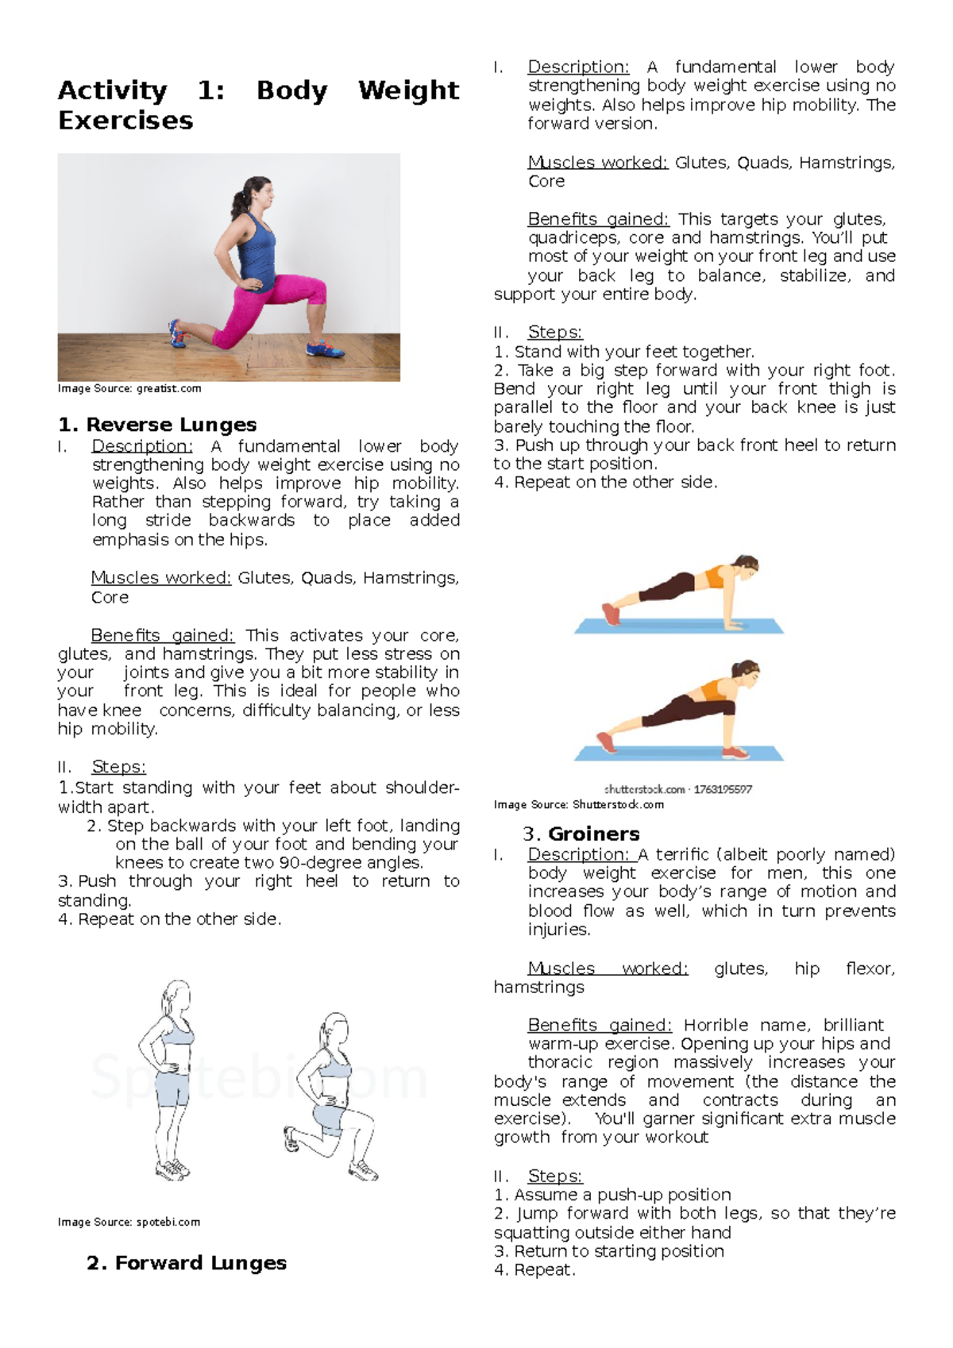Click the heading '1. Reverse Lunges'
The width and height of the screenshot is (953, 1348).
pos(157,425)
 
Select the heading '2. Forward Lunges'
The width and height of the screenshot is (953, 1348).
pos(187,1263)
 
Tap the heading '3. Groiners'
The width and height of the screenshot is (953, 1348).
pos(581,834)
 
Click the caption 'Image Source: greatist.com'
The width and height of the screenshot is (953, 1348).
pos(129,388)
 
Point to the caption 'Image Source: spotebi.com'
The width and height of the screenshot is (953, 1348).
pos(129,1222)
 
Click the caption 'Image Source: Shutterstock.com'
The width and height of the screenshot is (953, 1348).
pos(578,804)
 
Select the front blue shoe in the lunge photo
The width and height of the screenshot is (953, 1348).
pos(323,348)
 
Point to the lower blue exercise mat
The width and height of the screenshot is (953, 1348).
pos(679,753)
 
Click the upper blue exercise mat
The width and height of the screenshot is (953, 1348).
pos(679,626)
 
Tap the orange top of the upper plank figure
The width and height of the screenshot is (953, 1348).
pos(715,577)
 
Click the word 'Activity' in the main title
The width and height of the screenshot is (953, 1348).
pos(112,91)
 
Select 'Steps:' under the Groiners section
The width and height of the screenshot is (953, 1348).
pos(554,1176)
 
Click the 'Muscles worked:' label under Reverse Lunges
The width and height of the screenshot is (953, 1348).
pos(160,578)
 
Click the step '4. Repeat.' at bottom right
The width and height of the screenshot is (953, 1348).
pos(534,1269)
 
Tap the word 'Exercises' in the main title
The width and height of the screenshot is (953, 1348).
pos(125,121)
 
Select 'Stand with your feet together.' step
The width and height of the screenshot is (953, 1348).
pos(634,352)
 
